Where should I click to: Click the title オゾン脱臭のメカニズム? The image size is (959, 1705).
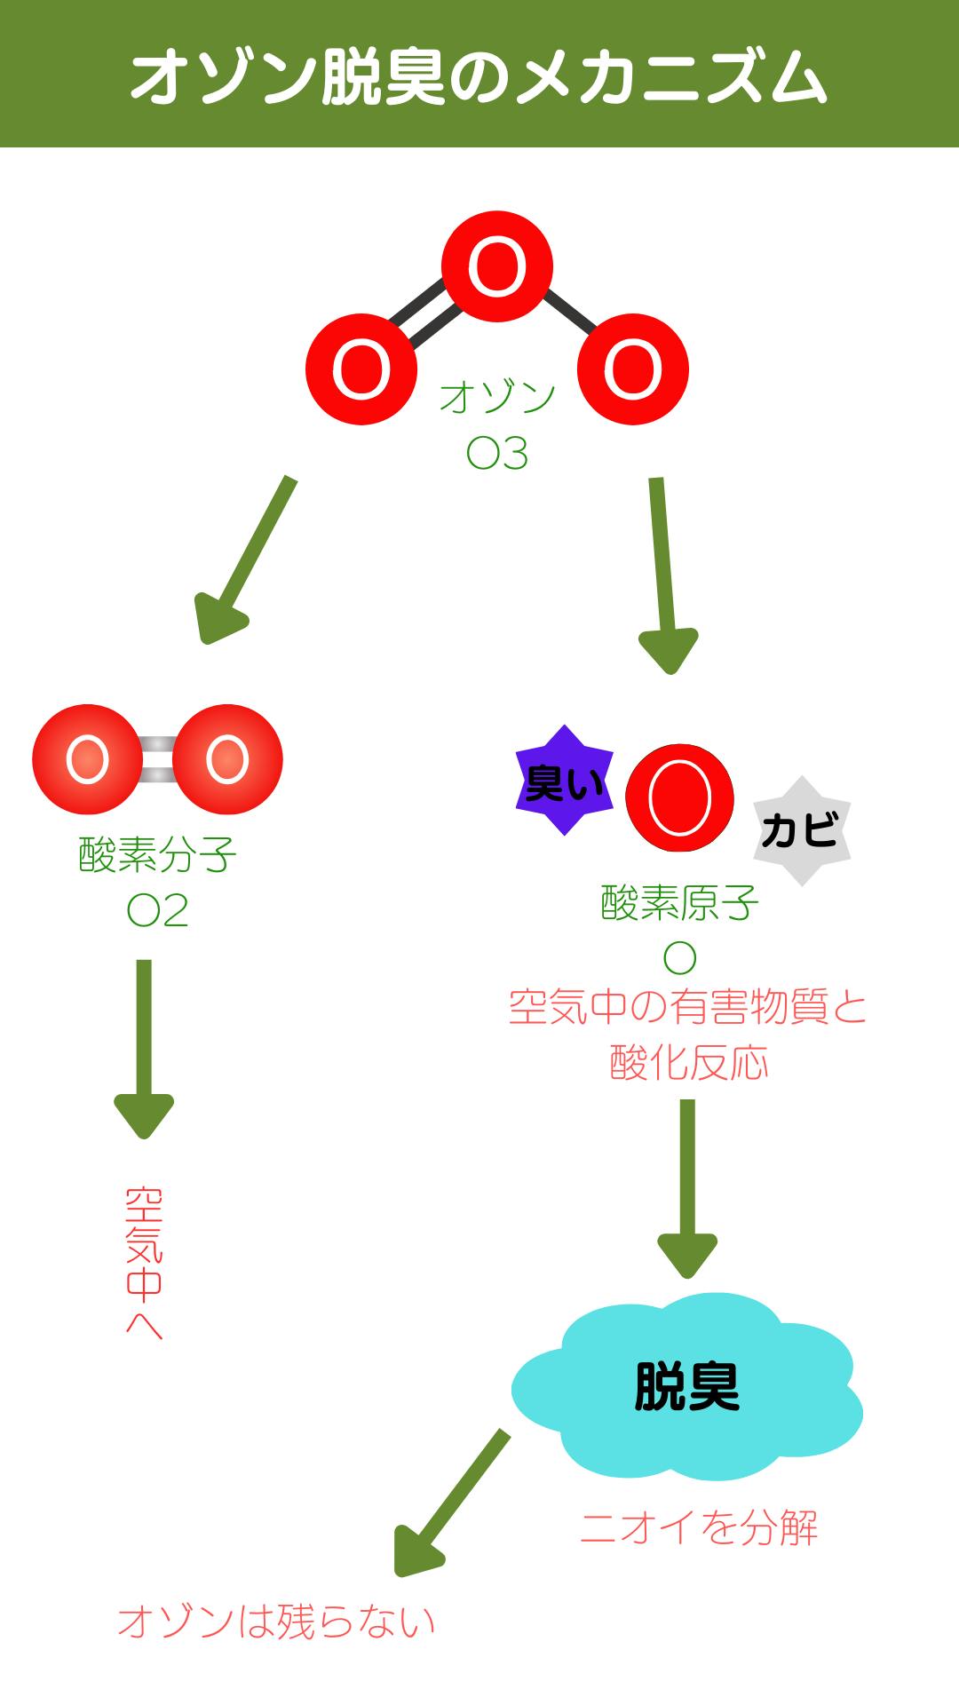479,78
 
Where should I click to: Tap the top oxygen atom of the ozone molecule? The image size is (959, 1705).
497,266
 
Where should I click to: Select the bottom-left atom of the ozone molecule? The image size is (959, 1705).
361,369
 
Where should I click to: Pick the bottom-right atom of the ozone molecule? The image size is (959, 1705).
633,369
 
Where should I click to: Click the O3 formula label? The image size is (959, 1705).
497,454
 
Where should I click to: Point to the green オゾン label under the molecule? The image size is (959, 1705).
497,397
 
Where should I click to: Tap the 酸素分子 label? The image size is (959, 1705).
157,855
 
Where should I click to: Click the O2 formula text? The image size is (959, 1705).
157,911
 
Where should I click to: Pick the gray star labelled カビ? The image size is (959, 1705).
802,831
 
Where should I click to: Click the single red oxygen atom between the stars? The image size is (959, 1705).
679,797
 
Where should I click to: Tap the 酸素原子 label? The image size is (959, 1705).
679,904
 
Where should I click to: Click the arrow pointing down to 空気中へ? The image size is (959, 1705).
144,1048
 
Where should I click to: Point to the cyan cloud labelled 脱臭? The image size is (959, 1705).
686,1385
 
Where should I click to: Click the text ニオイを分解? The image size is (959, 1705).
699,1528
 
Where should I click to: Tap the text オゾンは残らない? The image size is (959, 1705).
276,1622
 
